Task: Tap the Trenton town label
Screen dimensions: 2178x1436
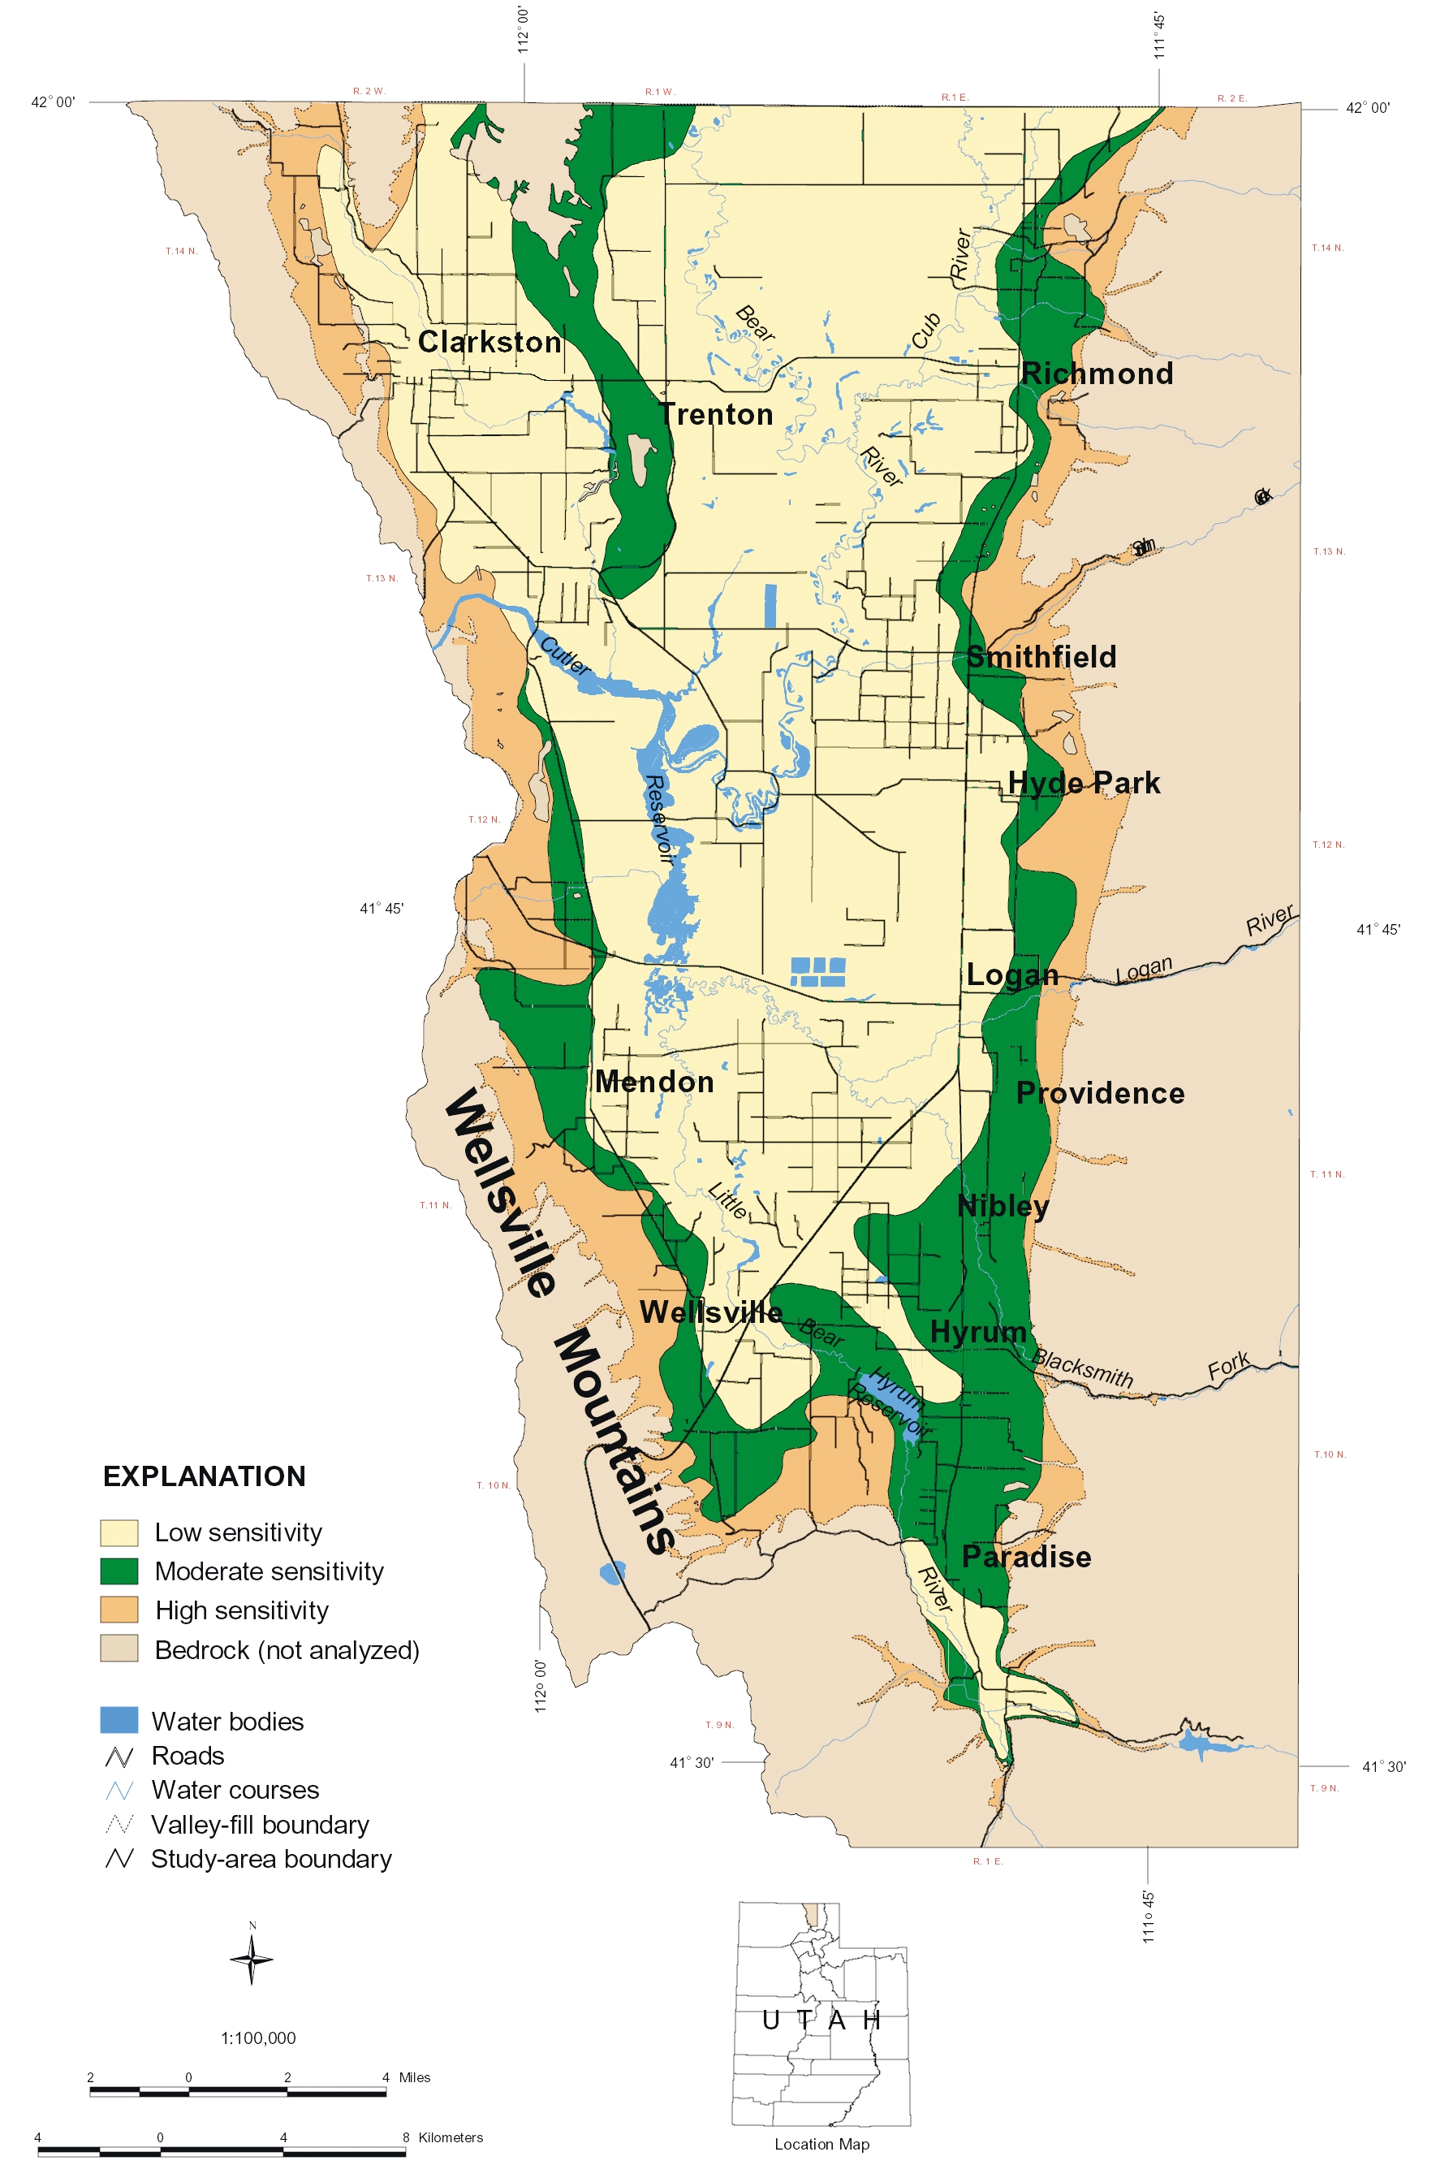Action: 716,414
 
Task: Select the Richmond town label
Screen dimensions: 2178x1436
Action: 1097,373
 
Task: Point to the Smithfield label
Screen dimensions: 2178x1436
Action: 1042,657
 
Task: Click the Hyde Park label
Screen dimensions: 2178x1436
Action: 1085,783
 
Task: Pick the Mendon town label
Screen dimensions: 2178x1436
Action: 654,1082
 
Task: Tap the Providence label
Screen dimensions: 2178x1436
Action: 1100,1093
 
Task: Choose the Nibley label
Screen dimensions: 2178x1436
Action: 1003,1206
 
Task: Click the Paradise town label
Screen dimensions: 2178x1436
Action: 1027,1556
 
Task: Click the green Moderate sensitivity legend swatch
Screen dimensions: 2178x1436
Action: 119,1571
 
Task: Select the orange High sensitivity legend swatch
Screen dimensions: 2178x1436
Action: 119,1610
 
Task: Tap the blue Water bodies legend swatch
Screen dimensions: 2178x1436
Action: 119,1720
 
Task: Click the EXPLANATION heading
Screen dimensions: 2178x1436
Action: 205,1476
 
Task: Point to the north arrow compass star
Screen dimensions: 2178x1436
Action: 252,1958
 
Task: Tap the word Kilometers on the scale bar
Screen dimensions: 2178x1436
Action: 450,2137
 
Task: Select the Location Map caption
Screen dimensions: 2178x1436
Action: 821,2144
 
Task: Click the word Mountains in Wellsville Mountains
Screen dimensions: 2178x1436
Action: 614,1442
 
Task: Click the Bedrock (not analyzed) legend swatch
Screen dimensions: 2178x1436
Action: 119,1649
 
